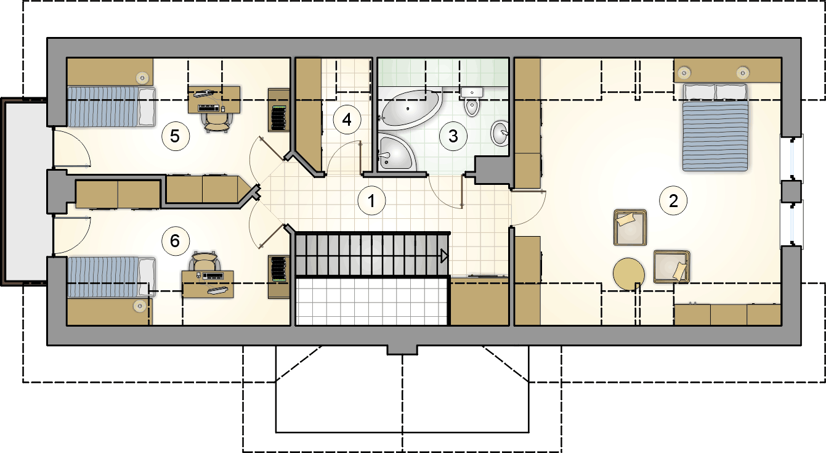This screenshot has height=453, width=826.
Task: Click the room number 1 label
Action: click(x=371, y=201)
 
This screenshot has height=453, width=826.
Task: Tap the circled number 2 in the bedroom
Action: click(x=673, y=201)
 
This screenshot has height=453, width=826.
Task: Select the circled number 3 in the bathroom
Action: click(x=453, y=136)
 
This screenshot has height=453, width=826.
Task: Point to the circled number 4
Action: click(x=347, y=120)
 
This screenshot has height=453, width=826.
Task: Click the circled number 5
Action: click(x=175, y=136)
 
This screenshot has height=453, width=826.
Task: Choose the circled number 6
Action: click(x=175, y=241)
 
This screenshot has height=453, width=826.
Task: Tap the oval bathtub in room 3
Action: click(x=410, y=110)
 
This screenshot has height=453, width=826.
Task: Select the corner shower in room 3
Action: click(x=397, y=153)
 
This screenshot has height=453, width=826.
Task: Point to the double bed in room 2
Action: click(x=715, y=127)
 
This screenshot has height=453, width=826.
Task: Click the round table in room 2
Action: click(x=629, y=274)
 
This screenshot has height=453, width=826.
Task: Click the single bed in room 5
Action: click(x=111, y=107)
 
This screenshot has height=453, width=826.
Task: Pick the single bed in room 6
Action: click(x=111, y=277)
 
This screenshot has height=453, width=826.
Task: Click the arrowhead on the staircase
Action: click(x=445, y=256)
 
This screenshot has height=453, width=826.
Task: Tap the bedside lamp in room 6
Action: click(x=139, y=306)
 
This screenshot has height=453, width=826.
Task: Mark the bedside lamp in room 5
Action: click(x=142, y=78)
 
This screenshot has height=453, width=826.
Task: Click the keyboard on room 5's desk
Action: click(x=209, y=108)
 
